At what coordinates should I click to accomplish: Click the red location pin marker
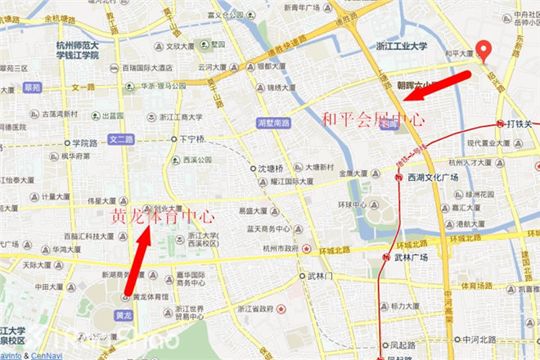pos(484,51)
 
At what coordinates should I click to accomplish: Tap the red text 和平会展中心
pos(373,119)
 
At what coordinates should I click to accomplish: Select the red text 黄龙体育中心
pos(163,218)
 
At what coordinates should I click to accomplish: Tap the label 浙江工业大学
pos(401,47)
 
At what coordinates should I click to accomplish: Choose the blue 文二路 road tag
pos(121,140)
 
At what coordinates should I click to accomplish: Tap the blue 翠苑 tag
pos(32,86)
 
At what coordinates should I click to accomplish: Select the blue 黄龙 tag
pos(124,315)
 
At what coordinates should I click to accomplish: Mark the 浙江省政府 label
pos(255,308)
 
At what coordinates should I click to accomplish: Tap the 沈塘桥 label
pos(270,169)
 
